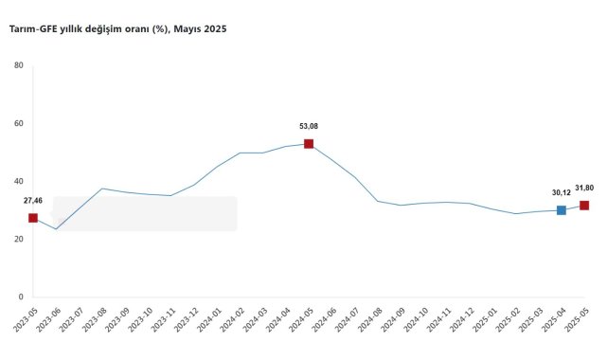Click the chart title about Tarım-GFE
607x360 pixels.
117,29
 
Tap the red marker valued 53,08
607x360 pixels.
309,144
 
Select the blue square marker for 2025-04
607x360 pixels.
562,210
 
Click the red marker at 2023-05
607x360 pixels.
33,218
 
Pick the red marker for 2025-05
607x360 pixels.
584,206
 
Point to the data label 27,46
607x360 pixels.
33,201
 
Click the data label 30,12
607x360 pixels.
562,192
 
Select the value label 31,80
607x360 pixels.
584,189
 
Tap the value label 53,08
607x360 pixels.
309,126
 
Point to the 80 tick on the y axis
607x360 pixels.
19,65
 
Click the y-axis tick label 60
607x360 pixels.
19,123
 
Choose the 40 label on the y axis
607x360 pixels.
19,181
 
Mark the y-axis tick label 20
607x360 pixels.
19,240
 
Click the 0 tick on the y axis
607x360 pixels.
21,297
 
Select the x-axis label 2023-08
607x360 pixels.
94,319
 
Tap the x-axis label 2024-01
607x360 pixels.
208,319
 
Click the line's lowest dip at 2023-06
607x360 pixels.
56,229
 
